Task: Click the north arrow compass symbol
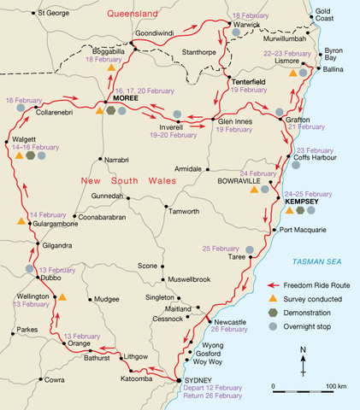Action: (304, 358)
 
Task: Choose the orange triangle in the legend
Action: (272, 299)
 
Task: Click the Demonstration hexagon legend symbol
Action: (272, 313)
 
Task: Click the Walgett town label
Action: (25, 137)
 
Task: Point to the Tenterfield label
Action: (249, 80)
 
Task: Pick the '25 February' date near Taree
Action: (221, 249)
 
